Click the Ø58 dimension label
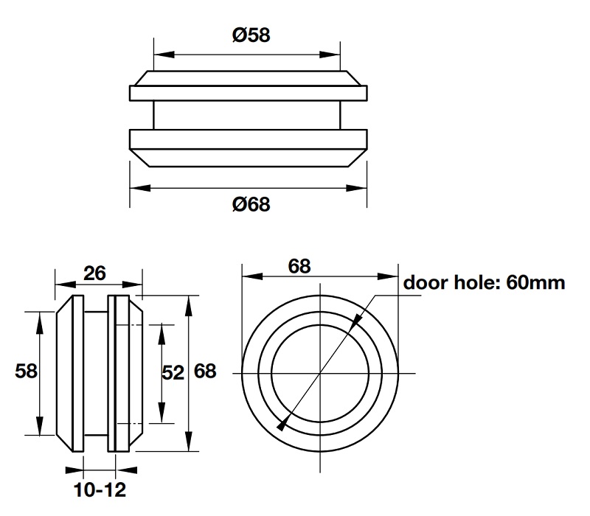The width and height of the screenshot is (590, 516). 250,35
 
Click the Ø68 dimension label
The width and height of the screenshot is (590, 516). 250,204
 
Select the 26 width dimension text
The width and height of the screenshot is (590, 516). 94,273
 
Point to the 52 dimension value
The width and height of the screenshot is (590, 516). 173,373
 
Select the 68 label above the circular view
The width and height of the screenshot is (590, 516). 299,265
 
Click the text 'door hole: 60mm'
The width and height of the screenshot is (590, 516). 484,283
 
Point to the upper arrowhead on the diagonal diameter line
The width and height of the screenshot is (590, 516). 356,320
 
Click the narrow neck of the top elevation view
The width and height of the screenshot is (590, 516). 248,116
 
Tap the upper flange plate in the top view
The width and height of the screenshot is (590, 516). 248,94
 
